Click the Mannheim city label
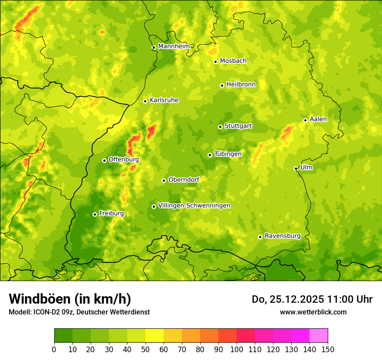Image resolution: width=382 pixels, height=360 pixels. coord(174,46)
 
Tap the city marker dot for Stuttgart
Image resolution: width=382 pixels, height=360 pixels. coord(220,127)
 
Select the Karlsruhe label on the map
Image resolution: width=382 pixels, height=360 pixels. coord(164,100)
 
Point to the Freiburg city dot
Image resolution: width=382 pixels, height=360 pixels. coord(95,214)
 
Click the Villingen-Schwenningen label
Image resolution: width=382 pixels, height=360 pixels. coord(194,206)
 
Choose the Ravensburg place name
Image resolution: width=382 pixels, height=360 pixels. coord(282,236)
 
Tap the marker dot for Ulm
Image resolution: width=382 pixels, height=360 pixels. coord(296,168)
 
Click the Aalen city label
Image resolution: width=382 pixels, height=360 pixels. coord(318,119)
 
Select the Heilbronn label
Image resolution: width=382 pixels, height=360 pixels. coord(241,85)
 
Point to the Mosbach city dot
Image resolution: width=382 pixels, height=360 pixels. coord(215,62)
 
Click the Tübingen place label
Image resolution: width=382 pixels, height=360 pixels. coord(228,154)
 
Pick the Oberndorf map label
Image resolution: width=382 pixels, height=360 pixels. coord(184,180)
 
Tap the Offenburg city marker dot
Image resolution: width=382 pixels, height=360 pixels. coord(104,160)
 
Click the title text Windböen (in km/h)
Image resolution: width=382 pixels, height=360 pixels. coord(70,299)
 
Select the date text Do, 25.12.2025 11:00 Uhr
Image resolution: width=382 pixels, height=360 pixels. coord(312,299)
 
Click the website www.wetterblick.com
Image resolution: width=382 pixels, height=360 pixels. coord(313,312)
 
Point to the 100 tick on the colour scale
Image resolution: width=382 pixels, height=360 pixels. coord(237,349)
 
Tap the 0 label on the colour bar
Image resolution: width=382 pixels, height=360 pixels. coord(54,349)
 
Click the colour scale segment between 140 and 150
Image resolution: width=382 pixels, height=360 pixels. coord(319,336)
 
